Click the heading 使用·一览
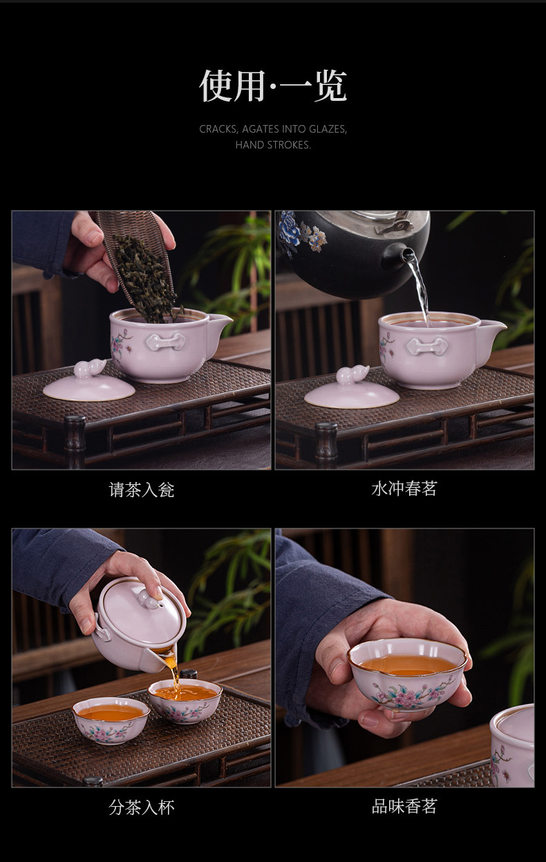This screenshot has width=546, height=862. tap(273, 86)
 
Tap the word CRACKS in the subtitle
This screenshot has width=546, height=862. tap(218, 129)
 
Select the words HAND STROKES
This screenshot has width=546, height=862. tap(273, 145)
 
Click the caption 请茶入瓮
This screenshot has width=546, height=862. tap(141, 490)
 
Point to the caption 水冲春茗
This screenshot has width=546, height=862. tap(404, 489)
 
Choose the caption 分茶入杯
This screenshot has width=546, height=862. tap(141, 807)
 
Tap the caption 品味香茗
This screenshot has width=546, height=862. tap(404, 807)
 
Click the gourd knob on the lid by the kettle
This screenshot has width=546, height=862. tap(352, 375)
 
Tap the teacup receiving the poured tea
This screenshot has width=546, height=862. tap(185, 701)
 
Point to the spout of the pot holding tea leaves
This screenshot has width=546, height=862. tap(220, 325)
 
